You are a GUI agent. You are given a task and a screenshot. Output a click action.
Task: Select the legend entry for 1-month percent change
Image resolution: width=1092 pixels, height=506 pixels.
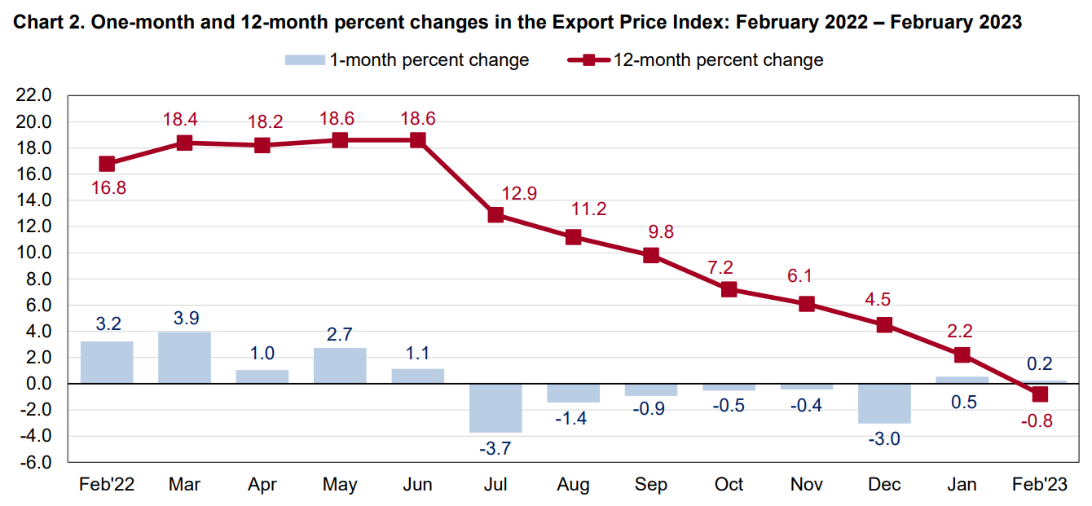(x=407, y=60)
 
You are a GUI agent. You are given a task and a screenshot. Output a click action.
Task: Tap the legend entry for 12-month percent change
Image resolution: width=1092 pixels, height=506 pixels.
(x=696, y=60)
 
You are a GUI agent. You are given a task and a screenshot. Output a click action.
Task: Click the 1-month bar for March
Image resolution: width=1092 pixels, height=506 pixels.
(x=184, y=358)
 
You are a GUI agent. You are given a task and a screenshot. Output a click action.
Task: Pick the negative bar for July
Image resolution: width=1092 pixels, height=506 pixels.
(x=495, y=407)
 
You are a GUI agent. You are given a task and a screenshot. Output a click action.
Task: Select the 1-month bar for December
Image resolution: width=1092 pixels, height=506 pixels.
(x=884, y=403)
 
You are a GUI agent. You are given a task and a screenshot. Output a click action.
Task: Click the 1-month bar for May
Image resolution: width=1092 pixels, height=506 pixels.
(x=340, y=366)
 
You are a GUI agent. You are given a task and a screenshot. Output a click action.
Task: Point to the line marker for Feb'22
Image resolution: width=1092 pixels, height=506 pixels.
(x=107, y=164)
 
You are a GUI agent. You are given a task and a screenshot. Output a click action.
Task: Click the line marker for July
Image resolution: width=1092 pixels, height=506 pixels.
(x=495, y=215)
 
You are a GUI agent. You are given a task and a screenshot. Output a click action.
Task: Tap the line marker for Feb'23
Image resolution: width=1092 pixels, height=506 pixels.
(x=1039, y=394)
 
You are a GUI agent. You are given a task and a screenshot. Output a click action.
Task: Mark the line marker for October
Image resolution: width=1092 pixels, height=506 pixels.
(x=729, y=289)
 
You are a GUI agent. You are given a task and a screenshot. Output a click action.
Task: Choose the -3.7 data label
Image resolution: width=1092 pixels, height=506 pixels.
(x=495, y=448)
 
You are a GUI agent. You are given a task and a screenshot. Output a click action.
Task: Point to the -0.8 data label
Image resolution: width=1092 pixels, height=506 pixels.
(x=1039, y=421)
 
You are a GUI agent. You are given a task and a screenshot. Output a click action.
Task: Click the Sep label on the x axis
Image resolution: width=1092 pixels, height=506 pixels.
(x=651, y=485)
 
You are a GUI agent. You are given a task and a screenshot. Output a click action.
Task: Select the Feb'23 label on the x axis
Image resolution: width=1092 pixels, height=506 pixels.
(x=1039, y=485)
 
